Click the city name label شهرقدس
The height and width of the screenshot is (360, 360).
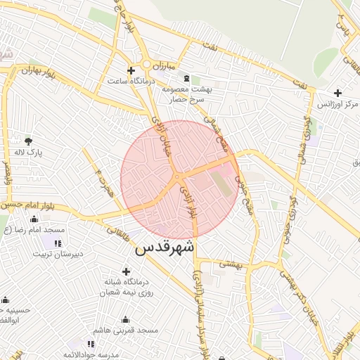pyautogui.click(x=165, y=248)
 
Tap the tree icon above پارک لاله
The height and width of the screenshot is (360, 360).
pyautogui.click(x=29, y=141)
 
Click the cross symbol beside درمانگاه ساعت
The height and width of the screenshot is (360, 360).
pyautogui.click(x=131, y=70)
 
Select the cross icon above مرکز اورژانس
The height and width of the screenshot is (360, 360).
pyautogui.click(x=337, y=93)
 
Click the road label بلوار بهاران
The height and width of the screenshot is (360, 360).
pyautogui.click(x=37, y=71)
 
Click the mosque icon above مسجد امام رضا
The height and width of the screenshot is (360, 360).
pyautogui.click(x=34, y=219)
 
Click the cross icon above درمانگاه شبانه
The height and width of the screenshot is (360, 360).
pyautogui.click(x=126, y=271)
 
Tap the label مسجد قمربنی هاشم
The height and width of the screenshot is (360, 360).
pyautogui.click(x=126, y=330)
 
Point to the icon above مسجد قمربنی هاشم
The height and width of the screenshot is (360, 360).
pyautogui.click(x=125, y=319)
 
